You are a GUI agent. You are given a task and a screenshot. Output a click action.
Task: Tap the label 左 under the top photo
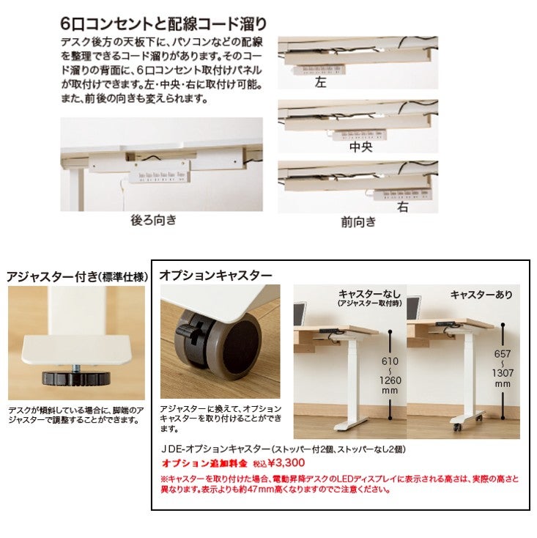320,82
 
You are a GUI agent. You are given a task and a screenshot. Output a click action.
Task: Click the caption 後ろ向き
154,219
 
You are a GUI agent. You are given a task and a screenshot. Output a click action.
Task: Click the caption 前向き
358,221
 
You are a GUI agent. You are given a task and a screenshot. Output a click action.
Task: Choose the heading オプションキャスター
215,275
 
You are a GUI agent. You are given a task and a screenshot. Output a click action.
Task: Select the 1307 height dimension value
503,372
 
